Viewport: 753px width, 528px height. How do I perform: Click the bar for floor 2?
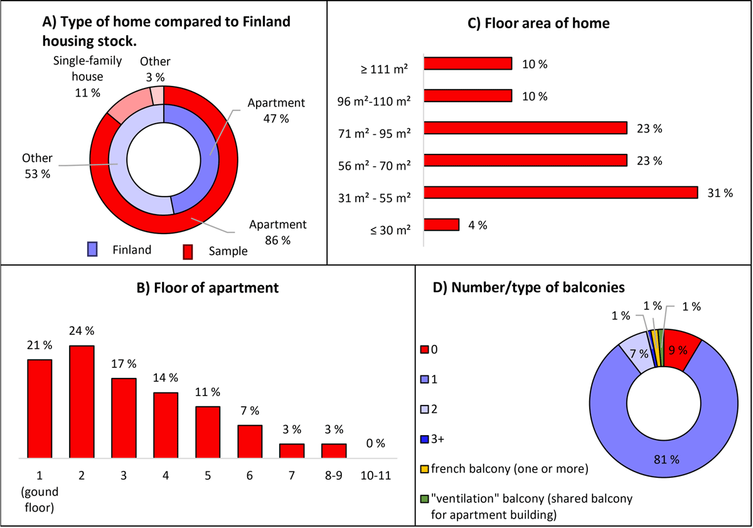(x=82, y=402)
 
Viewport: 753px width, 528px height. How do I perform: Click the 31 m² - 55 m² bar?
(x=561, y=192)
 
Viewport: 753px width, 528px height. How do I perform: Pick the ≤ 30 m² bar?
(x=442, y=225)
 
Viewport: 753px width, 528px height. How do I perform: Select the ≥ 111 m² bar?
(x=468, y=63)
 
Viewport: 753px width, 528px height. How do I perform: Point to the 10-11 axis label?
(x=376, y=475)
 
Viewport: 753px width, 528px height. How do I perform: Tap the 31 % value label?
(x=719, y=193)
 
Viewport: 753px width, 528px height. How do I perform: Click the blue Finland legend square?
(x=92, y=250)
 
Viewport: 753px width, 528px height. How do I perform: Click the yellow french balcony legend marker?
(x=424, y=467)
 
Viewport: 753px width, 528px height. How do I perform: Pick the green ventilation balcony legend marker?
(x=424, y=499)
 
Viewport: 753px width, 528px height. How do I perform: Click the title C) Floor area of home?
(x=540, y=24)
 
